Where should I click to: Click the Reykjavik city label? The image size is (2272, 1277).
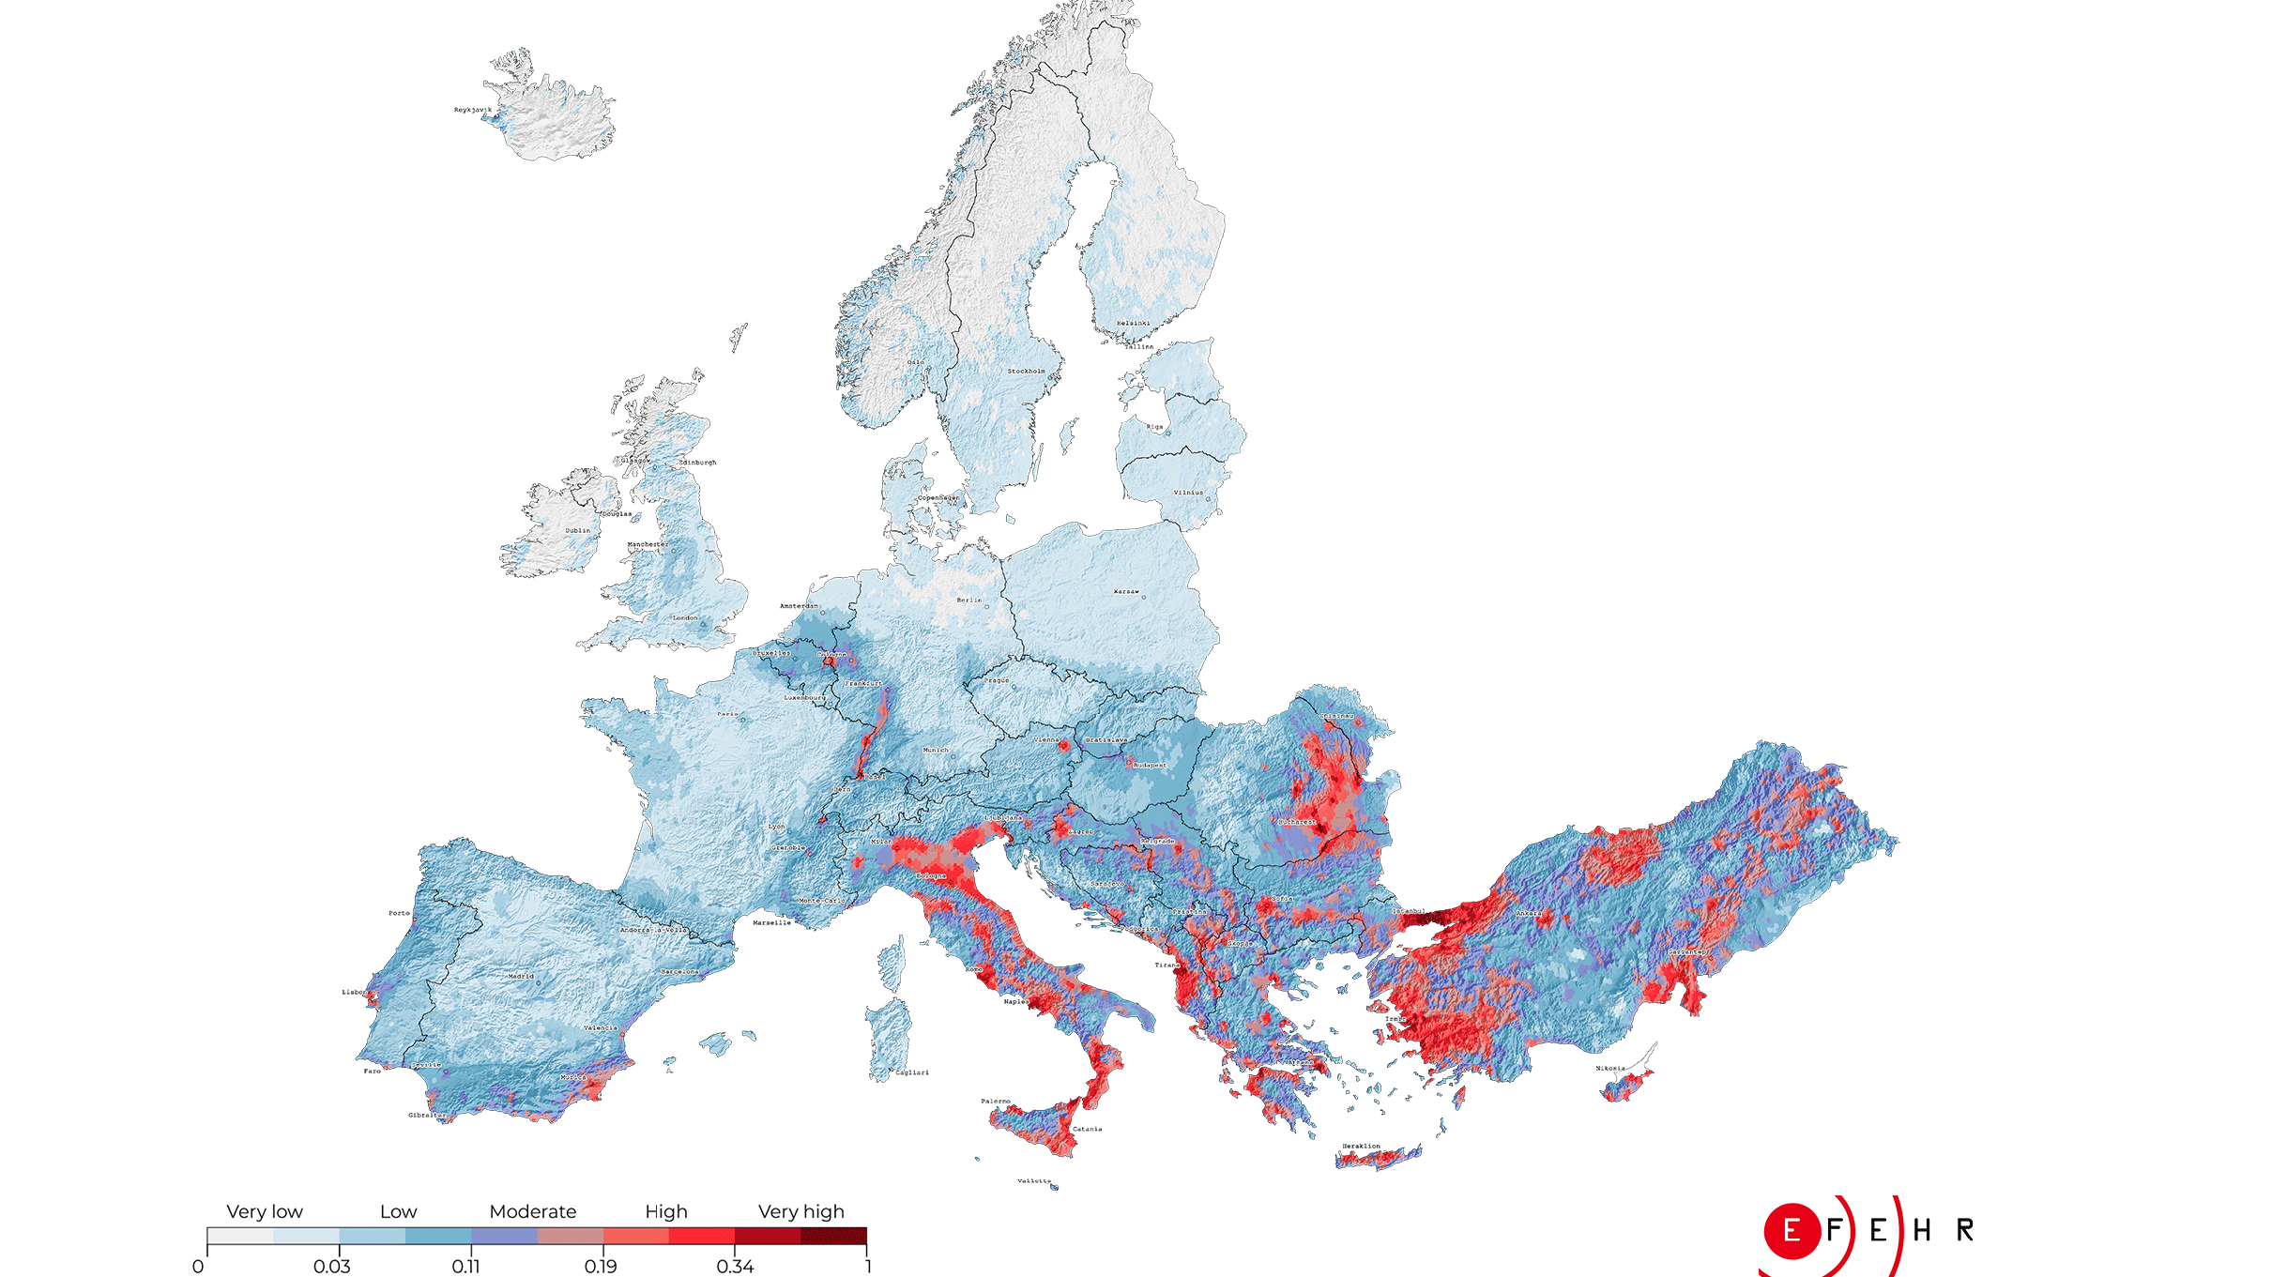472,110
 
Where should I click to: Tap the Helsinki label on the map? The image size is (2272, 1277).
1133,324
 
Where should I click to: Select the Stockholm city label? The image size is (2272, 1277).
1026,372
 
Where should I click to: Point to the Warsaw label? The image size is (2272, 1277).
1126,592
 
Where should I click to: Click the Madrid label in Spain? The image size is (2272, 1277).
521,977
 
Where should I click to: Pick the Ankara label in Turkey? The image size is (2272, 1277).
1528,914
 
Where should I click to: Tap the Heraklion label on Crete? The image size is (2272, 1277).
1361,1147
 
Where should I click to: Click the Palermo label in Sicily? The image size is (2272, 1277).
996,1102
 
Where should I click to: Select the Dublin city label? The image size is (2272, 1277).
578,531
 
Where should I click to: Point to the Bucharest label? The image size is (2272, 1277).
1297,822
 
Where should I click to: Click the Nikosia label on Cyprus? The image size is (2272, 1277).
1610,1069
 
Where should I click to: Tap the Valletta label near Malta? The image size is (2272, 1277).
1034,1181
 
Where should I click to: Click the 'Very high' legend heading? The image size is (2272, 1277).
801,1211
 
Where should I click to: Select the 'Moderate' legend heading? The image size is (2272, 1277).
532,1211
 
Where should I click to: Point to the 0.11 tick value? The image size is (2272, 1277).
465,1267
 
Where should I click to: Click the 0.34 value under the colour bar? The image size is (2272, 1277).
735,1267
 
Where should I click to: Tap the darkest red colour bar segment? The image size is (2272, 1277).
833,1236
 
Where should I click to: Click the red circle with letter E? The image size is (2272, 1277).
1792,1230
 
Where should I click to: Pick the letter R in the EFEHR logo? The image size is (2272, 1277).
1965,1230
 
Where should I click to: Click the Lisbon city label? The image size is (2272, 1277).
354,992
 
